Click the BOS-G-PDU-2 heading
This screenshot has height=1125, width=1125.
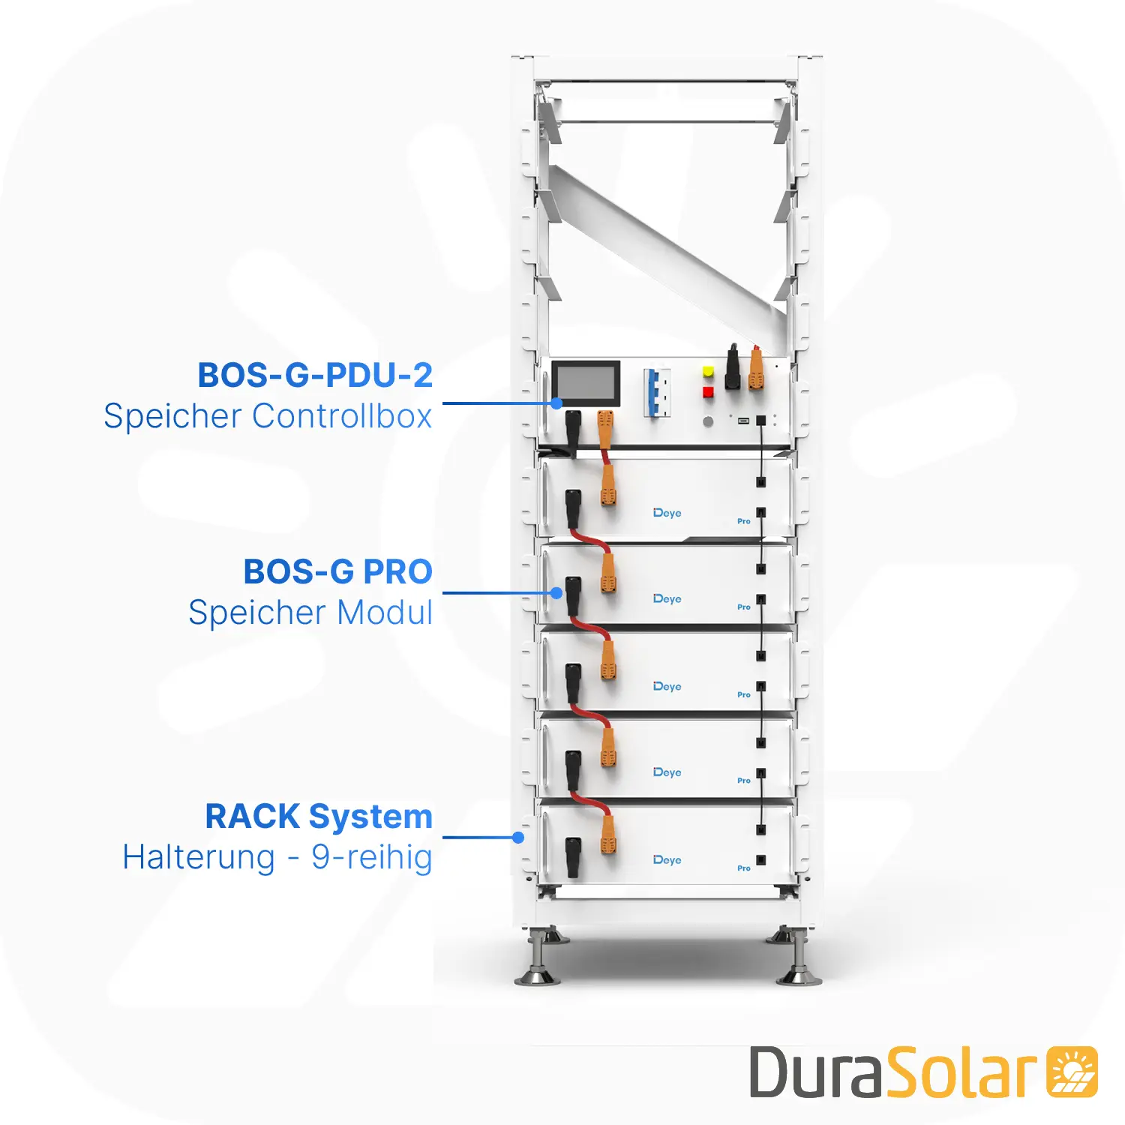tap(315, 375)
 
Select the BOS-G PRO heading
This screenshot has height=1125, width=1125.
tap(337, 571)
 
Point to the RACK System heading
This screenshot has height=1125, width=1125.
tap(319, 816)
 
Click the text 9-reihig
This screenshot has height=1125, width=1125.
tap(372, 857)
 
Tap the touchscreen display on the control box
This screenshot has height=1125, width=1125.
tap(586, 382)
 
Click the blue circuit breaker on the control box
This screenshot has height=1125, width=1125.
tap(656, 392)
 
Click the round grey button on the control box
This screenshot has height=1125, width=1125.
tap(708, 421)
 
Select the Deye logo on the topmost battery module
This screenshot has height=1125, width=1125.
tap(667, 513)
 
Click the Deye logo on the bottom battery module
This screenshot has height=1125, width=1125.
tap(667, 859)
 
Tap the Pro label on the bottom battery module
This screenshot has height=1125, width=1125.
tap(743, 868)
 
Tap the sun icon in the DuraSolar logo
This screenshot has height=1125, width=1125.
tap(1072, 1072)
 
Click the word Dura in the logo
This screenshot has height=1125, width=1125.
tap(816, 1072)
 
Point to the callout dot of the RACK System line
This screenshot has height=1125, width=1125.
tap(518, 837)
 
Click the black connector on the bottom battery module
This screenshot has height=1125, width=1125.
tap(572, 856)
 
